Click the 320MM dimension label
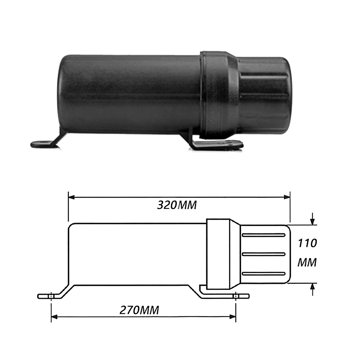pos(177,205)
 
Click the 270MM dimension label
pos(139,310)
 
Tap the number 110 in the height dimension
pos(307,243)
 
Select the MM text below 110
pos(307,263)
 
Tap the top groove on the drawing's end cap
pos(264,235)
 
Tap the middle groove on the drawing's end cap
pos(264,254)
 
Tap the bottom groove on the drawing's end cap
pos(264,274)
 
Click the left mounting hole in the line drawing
pos(51,296)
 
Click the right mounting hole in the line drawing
pos(236,296)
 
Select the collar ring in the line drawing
pos(218,254)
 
